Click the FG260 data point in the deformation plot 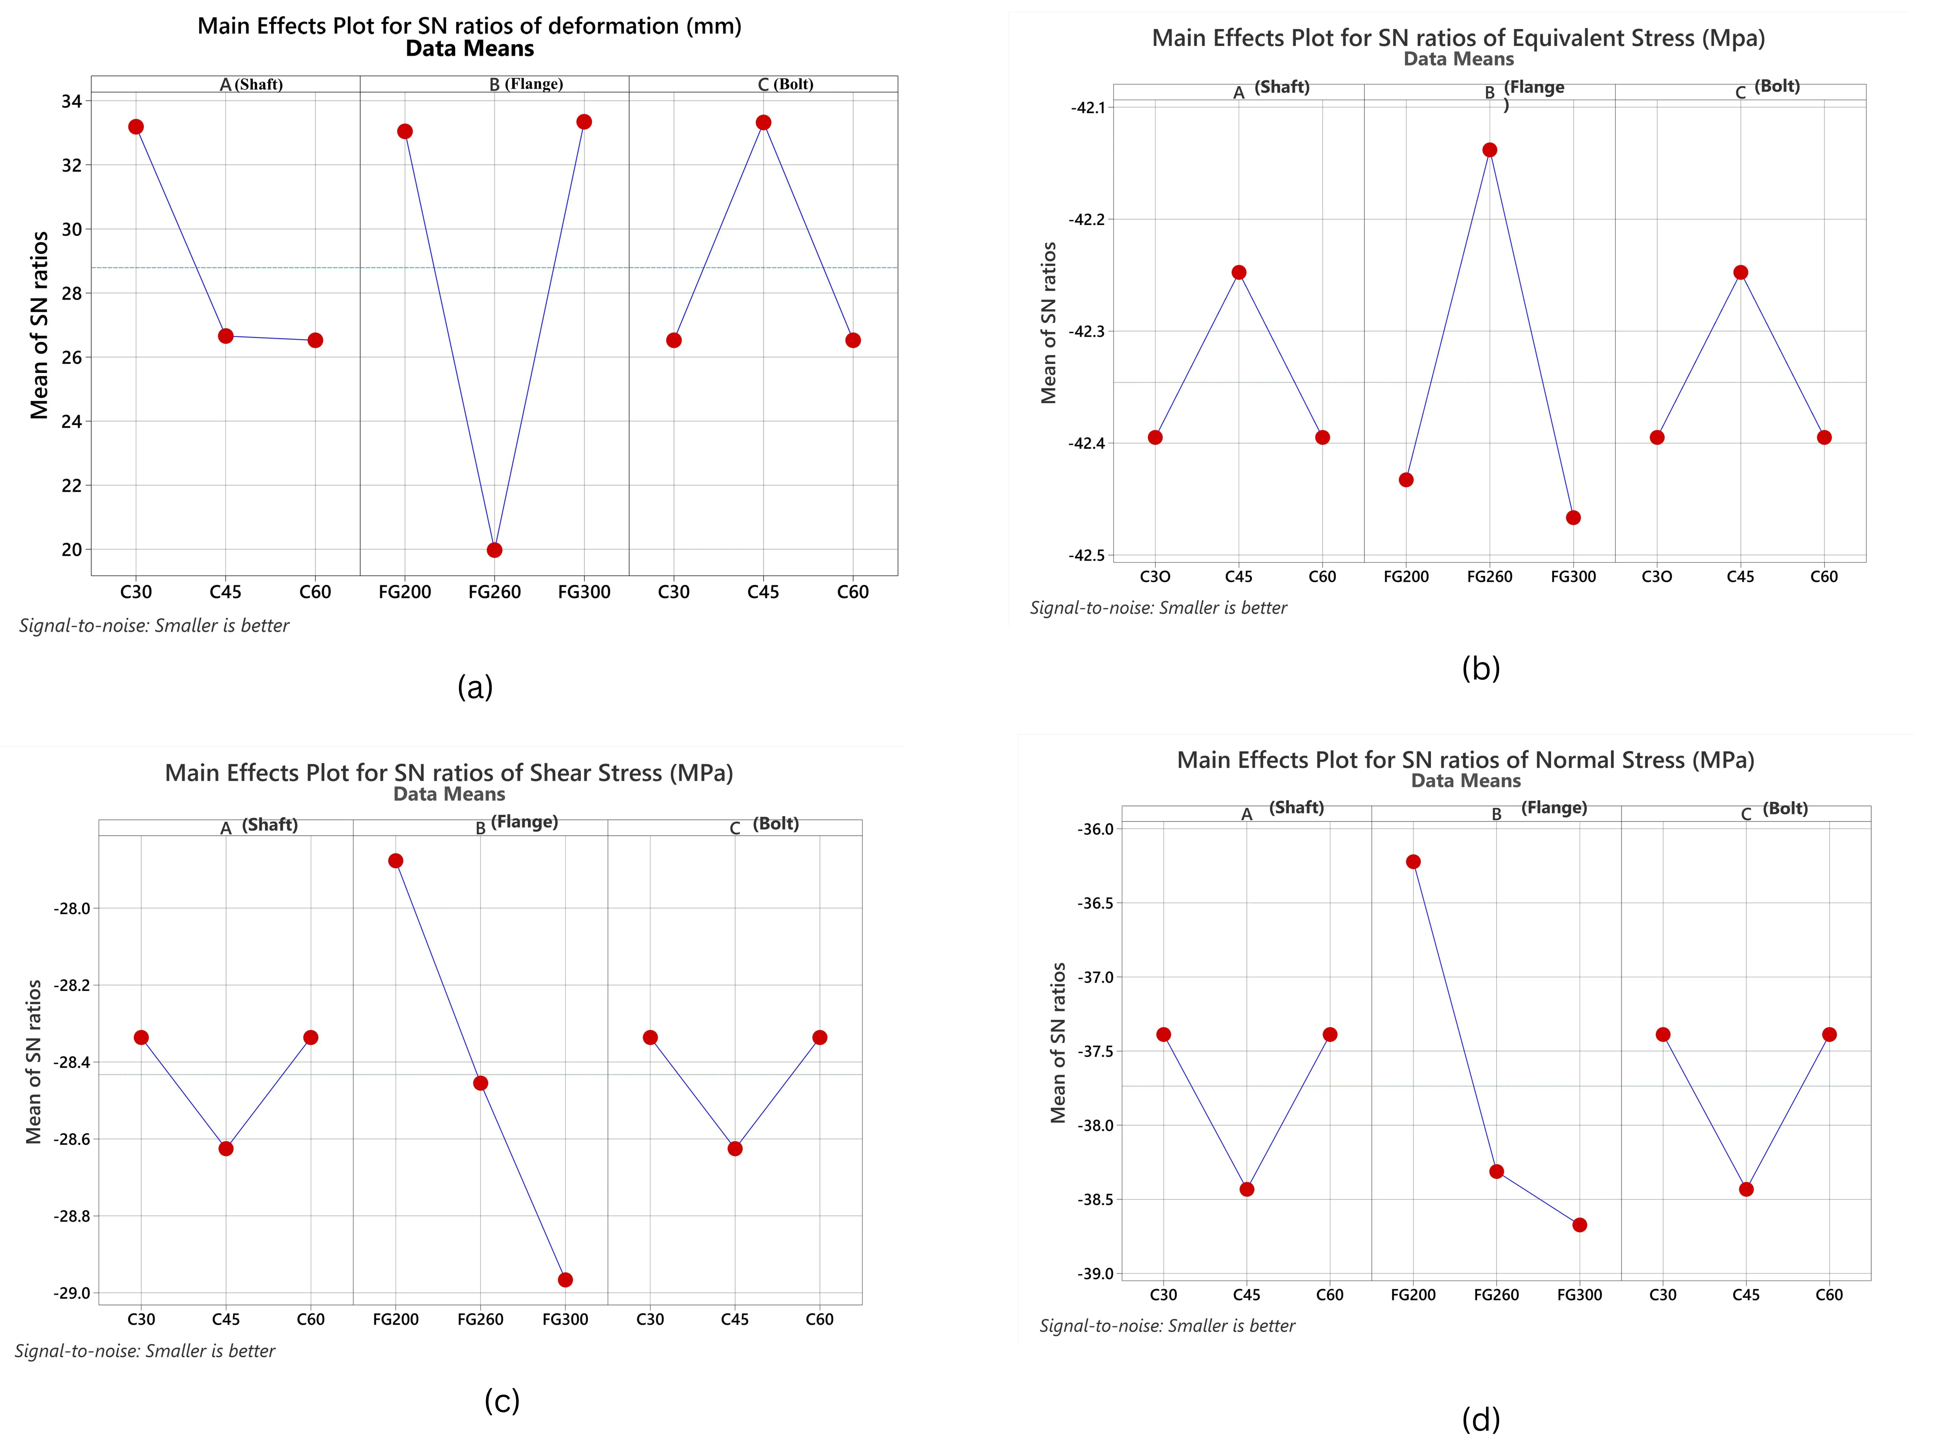coord(495,550)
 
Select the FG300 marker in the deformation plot coord(584,122)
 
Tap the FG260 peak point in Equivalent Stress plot coord(1490,150)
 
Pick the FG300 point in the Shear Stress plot coord(565,1280)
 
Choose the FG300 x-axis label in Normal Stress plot coord(1580,1295)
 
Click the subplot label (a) coord(475,687)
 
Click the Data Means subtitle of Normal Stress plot coord(1466,781)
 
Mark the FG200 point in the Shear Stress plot coord(396,860)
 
